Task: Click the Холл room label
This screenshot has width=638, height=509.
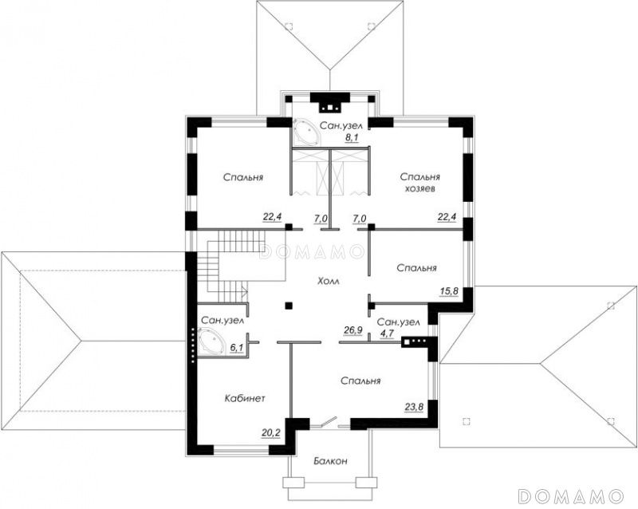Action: click(x=328, y=281)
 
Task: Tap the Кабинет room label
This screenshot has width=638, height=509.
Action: click(x=245, y=398)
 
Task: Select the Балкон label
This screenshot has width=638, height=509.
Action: click(x=330, y=461)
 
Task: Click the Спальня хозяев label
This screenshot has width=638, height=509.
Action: click(x=420, y=183)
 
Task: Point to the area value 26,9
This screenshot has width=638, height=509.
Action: click(x=353, y=329)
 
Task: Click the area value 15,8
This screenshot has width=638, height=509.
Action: click(x=450, y=291)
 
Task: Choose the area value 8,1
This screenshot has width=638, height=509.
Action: click(x=351, y=138)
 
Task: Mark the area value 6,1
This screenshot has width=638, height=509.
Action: click(x=236, y=347)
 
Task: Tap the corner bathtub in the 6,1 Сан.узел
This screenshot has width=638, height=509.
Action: click(x=210, y=342)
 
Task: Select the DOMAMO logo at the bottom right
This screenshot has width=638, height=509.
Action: click(x=571, y=495)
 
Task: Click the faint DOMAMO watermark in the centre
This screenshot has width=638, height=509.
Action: click(x=311, y=251)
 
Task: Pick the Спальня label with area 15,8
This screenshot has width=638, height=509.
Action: click(x=416, y=268)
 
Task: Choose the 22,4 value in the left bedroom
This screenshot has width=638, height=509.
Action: click(x=272, y=217)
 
